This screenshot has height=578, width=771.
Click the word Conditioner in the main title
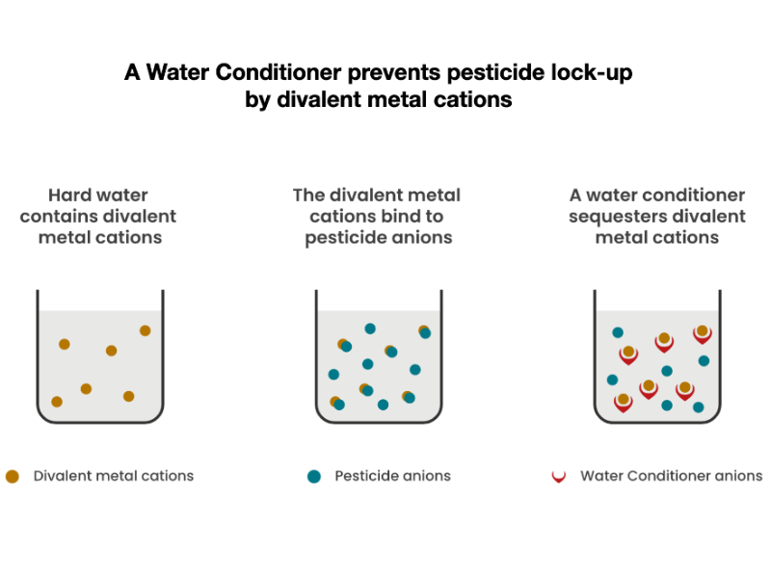(279, 72)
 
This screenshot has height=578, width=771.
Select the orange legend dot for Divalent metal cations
(13, 476)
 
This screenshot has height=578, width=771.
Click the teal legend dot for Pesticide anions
(314, 476)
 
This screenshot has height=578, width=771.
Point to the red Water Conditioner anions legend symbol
(559, 477)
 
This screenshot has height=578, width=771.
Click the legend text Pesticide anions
(392, 476)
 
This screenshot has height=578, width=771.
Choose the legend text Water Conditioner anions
(671, 476)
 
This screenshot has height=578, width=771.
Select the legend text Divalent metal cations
(114, 476)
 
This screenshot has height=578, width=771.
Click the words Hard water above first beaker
(98, 196)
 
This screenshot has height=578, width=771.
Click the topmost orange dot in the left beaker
(146, 330)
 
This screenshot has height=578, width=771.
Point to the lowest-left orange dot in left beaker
(57, 402)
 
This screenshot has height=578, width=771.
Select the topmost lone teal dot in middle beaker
(370, 328)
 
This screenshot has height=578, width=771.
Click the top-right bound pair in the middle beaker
(424, 332)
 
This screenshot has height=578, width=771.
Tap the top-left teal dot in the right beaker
(618, 332)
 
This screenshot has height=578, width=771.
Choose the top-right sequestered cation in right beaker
(703, 334)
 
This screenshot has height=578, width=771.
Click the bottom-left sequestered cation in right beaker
(624, 403)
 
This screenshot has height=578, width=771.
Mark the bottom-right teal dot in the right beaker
(698, 407)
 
